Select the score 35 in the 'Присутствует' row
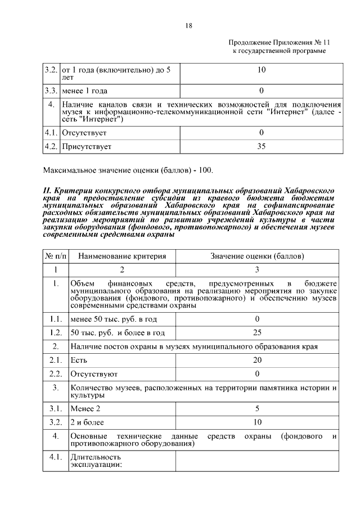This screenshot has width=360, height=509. pos(261,147)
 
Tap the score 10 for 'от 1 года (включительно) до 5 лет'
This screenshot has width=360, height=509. pos(261,70)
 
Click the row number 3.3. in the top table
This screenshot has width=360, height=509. pos(52,90)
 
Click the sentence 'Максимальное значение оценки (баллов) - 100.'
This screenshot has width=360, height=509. pos(128,170)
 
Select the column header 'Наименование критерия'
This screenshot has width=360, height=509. pos(122,256)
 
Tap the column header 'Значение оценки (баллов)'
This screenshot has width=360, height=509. pos(257,256)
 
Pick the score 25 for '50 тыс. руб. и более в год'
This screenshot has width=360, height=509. pos(257,332)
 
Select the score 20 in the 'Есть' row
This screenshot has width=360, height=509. pos(257,360)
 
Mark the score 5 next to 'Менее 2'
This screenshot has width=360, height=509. pos(257,408)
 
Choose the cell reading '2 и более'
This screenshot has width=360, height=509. pos(87,422)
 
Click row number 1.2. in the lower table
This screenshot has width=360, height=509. pos(55,332)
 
